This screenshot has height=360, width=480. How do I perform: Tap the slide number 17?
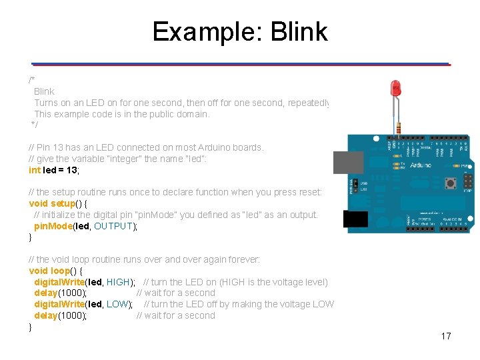tap(446, 336)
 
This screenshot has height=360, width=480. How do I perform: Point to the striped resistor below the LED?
tap(398, 127)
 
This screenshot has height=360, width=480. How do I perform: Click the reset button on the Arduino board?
tap(451, 183)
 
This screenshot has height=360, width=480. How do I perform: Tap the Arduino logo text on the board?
tap(420, 165)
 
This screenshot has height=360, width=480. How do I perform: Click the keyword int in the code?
tap(35, 170)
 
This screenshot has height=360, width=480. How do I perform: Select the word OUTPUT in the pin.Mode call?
tap(114, 226)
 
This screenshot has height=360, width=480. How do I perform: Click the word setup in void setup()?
tap(63, 203)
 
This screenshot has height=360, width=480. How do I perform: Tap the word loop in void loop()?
tap(61, 271)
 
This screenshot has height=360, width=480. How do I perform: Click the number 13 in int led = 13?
tap(72, 170)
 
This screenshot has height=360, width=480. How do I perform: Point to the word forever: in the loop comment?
tap(241, 259)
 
